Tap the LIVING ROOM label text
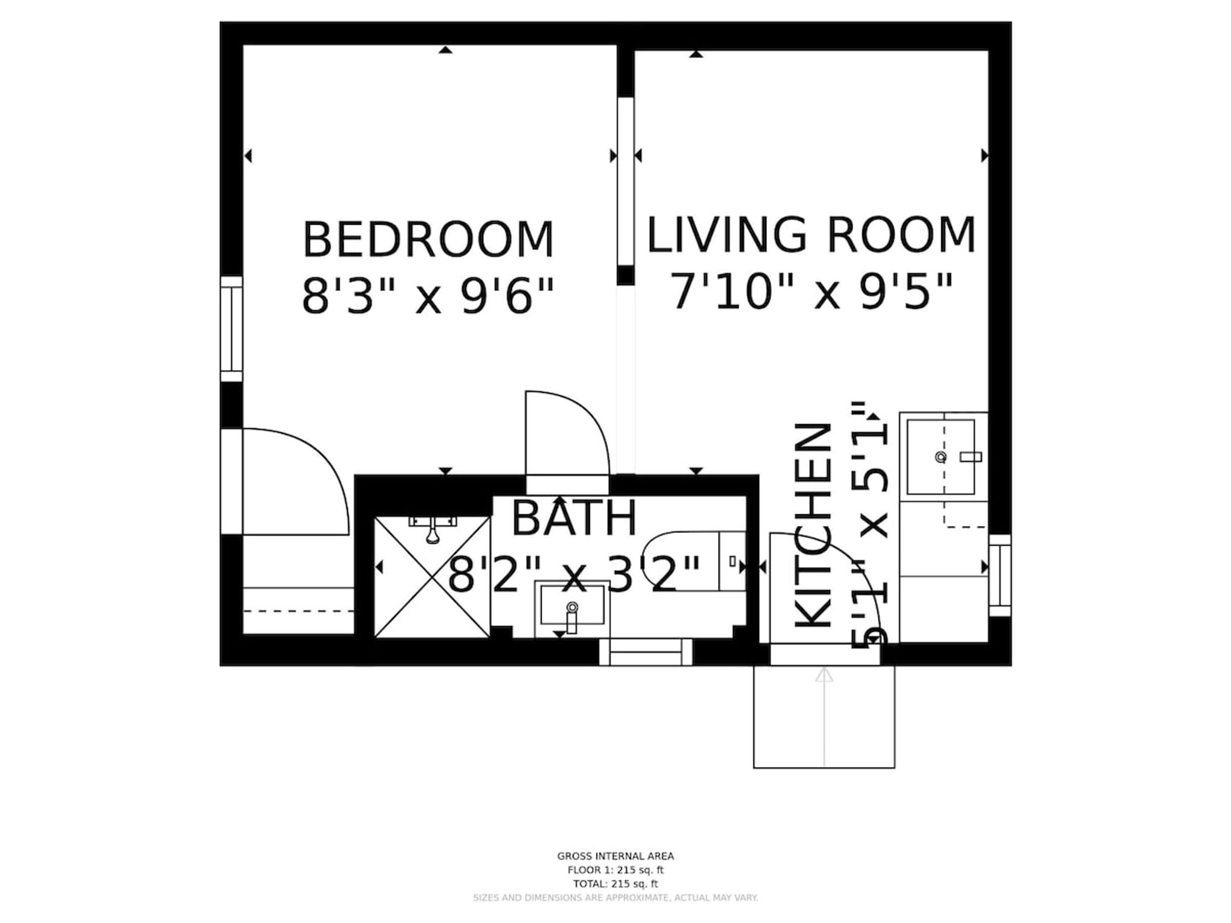[x=811, y=235]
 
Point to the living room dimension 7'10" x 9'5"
[x=811, y=291]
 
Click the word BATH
[x=574, y=518]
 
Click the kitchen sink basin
[x=941, y=457]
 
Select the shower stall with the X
[x=432, y=577]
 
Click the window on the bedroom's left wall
[x=231, y=329]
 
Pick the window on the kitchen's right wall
[x=1000, y=575]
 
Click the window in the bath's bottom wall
[x=646, y=652]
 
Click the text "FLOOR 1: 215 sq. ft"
[x=615, y=870]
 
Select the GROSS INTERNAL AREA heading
[x=615, y=856]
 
